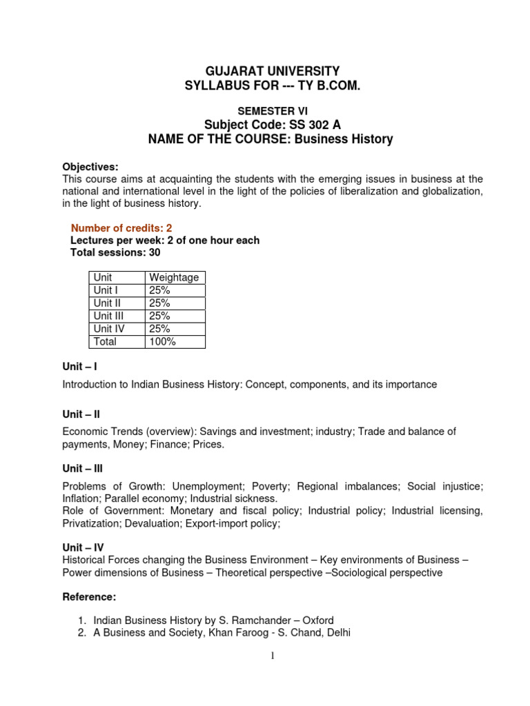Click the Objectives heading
(x=90, y=167)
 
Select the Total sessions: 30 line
(x=115, y=253)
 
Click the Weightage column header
(x=174, y=277)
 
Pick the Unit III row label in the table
(x=108, y=316)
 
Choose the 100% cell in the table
(x=162, y=341)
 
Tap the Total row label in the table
(x=106, y=341)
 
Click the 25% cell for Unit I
(x=159, y=290)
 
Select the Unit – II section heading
(x=81, y=414)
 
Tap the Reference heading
(x=89, y=596)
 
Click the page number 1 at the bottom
(x=272, y=656)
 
